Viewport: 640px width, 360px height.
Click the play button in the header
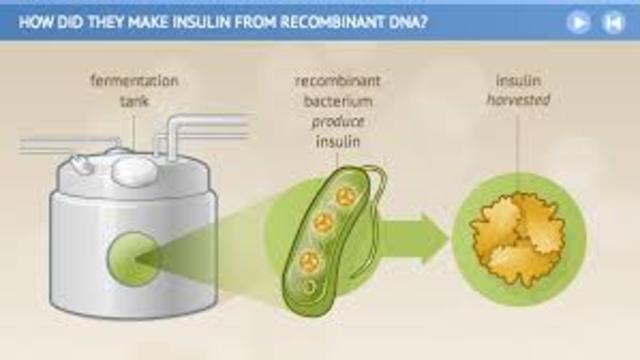pyautogui.click(x=578, y=23)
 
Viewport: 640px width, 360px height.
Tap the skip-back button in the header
pyautogui.click(x=613, y=23)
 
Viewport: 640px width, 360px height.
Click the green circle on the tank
pyautogui.click(x=132, y=258)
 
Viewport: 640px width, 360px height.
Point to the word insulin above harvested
pyautogui.click(x=518, y=79)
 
